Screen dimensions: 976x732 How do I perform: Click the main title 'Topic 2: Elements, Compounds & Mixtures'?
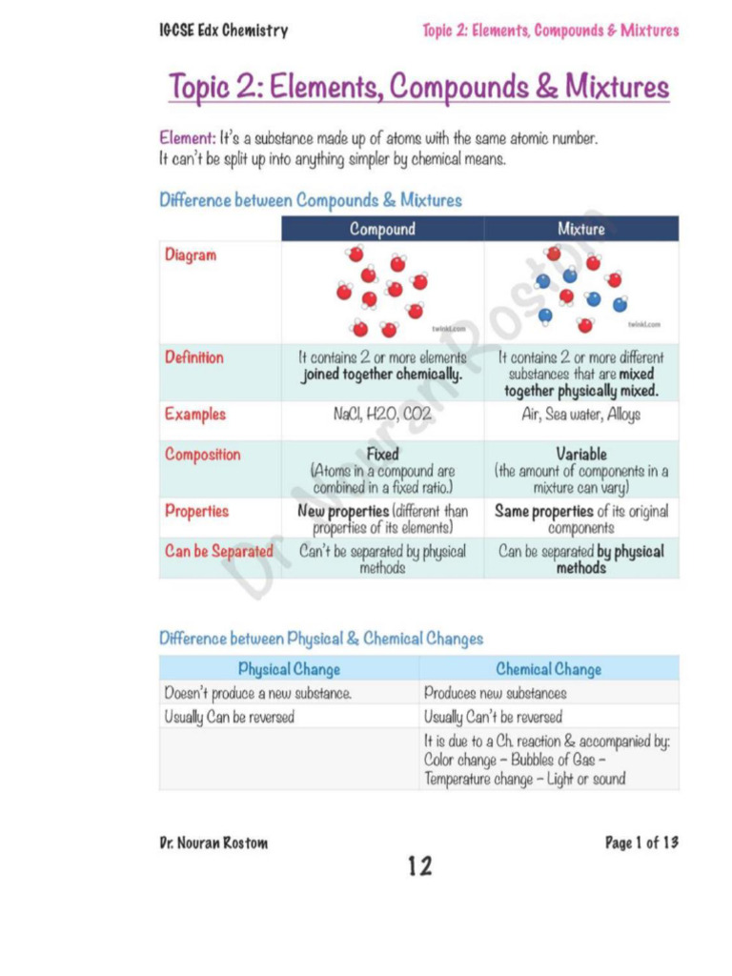pyautogui.click(x=418, y=87)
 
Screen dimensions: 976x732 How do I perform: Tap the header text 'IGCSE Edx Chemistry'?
pyautogui.click(x=223, y=30)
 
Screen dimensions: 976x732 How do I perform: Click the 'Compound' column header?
pyautogui.click(x=382, y=229)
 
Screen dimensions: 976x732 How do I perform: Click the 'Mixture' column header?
pyautogui.click(x=580, y=229)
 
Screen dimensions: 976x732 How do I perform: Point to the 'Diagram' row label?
pyautogui.click(x=191, y=255)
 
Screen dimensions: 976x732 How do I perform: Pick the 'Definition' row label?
pyautogui.click(x=194, y=357)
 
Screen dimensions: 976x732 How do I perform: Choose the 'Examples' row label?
pyautogui.click(x=195, y=415)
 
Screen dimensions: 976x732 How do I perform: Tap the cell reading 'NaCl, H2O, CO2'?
pyautogui.click(x=382, y=416)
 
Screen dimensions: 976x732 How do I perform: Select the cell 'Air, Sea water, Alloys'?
pyautogui.click(x=580, y=416)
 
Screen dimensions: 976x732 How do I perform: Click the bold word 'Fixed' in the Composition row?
pyautogui.click(x=382, y=455)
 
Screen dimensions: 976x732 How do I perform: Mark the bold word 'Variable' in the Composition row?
pyautogui.click(x=580, y=455)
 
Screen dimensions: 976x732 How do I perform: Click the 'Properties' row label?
pyautogui.click(x=196, y=511)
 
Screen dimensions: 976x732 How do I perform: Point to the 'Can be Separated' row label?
pyautogui.click(x=218, y=551)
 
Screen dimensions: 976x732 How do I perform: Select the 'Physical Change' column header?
pyautogui.click(x=289, y=669)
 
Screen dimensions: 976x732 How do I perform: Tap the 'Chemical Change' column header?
pyautogui.click(x=548, y=669)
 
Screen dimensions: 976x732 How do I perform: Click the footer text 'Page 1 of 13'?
pyautogui.click(x=641, y=843)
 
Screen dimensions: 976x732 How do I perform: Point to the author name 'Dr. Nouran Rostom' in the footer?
pyautogui.click(x=213, y=843)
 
